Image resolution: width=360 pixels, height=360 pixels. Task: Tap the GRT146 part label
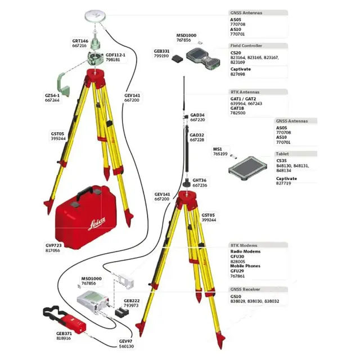(x=80, y=41)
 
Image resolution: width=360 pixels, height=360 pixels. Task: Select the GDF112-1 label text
(x=116, y=55)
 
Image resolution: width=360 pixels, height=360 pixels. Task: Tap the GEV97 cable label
(x=126, y=341)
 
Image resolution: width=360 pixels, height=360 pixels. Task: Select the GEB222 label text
(x=131, y=300)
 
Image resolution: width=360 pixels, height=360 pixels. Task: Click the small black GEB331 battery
(x=178, y=57)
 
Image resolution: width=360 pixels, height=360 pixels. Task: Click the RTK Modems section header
(x=244, y=245)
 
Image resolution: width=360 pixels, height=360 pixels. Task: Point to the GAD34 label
(x=197, y=115)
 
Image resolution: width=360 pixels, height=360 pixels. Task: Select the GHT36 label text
(x=200, y=181)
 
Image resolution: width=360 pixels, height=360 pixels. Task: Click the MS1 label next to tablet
(x=218, y=149)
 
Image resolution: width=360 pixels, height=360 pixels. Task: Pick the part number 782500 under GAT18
(x=238, y=113)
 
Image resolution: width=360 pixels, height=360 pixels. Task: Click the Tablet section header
(x=282, y=154)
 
